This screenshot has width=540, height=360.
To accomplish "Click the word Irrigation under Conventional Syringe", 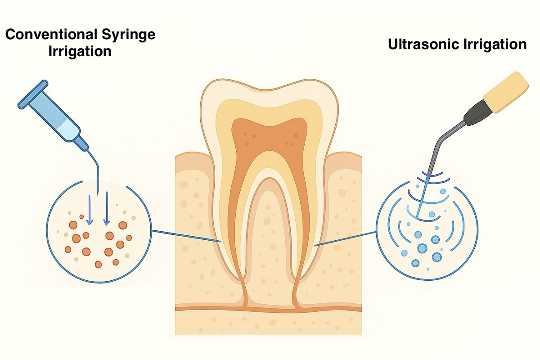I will pyautogui.click(x=80, y=51).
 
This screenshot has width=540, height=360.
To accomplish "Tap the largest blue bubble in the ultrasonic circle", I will pyautogui.click(x=423, y=248).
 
